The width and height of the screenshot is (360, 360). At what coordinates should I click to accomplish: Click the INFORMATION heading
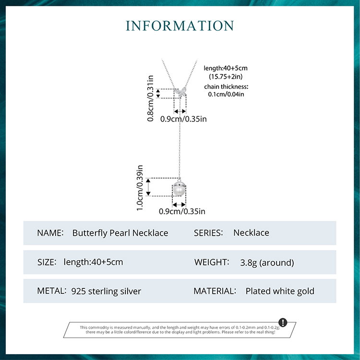pyautogui.click(x=180, y=25)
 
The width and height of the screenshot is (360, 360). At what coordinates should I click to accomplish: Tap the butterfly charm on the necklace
pyautogui.click(x=181, y=92)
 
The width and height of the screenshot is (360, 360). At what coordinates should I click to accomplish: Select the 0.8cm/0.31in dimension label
pyautogui.click(x=150, y=98)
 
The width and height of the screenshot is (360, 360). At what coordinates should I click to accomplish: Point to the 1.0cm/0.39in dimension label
pyautogui.click(x=140, y=188)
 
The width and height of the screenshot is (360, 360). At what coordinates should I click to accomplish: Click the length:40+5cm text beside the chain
pyautogui.click(x=226, y=68)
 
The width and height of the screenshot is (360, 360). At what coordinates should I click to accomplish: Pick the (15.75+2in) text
pyautogui.click(x=226, y=77)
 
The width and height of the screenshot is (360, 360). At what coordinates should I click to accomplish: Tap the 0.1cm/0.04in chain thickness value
pyautogui.click(x=226, y=95)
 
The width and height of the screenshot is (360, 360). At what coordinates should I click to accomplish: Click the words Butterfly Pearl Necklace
pyautogui.click(x=120, y=233)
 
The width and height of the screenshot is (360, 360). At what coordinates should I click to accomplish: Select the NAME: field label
pyautogui.click(x=50, y=233)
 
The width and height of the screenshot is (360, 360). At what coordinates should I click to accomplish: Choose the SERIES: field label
pyautogui.click(x=208, y=233)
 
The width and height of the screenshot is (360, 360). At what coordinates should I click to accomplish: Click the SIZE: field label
pyautogui.click(x=47, y=262)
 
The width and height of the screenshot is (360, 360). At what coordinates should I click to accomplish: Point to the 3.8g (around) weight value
pyautogui.click(x=267, y=263)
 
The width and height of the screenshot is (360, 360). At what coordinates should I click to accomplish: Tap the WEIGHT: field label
pyautogui.click(x=211, y=262)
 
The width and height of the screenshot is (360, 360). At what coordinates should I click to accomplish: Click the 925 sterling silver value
pyautogui.click(x=106, y=291)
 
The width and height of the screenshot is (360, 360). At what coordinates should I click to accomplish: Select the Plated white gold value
pyautogui.click(x=280, y=291)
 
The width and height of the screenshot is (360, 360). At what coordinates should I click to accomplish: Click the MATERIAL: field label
pyautogui.click(x=215, y=291)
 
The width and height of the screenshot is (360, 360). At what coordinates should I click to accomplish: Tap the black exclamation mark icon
pyautogui.click(x=283, y=322)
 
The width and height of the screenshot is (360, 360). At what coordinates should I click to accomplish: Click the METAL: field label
pyautogui.click(x=51, y=291)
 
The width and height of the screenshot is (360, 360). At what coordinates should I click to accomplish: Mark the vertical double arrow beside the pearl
pyautogui.click(x=148, y=187)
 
